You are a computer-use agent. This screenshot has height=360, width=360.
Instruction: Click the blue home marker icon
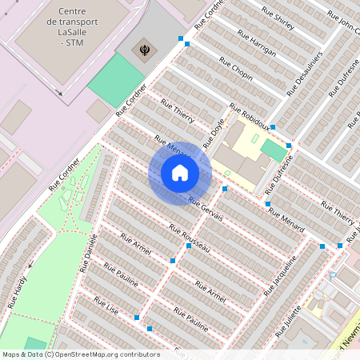click(180, 173)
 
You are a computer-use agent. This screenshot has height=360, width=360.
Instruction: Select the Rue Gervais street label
click(206, 209)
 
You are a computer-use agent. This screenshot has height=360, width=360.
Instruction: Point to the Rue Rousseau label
click(190, 238)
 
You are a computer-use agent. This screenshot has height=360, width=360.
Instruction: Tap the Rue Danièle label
click(88, 253)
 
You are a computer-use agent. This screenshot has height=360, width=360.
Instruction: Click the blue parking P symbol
click(333, 276)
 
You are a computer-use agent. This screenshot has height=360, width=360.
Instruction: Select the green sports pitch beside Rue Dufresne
click(274, 151)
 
